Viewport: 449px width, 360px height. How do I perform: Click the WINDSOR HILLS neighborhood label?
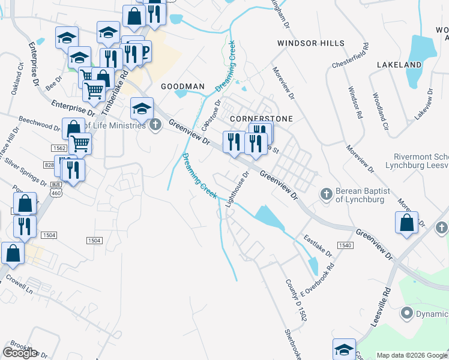tap(310, 43)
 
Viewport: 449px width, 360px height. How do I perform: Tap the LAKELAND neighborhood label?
tap(399, 64)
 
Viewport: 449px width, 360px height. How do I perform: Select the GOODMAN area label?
tap(182, 86)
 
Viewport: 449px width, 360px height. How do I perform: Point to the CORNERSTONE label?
tap(261, 119)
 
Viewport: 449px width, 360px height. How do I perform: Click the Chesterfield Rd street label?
tap(349, 56)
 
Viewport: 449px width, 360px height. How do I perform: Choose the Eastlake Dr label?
tap(318, 246)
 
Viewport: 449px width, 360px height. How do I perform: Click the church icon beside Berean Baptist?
tap(326, 194)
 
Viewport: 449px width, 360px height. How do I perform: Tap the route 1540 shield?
tap(345, 245)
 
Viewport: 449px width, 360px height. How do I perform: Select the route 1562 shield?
tap(59, 148)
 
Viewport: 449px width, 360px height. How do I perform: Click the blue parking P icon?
tap(143, 52)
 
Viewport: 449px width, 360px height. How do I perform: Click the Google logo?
tap(20, 352)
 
